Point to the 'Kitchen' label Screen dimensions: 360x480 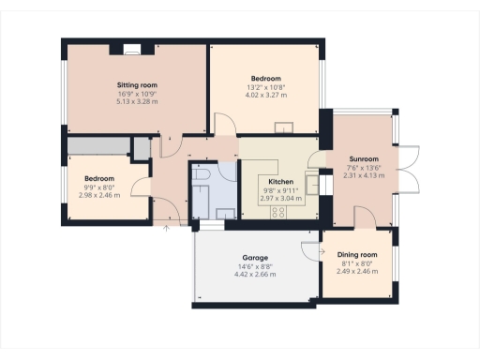point(281,182)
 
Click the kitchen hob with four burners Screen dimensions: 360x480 point(278,212)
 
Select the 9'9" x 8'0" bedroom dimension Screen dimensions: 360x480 point(98,187)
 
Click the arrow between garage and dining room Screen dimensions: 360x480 point(307,247)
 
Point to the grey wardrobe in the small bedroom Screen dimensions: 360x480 point(97,145)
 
